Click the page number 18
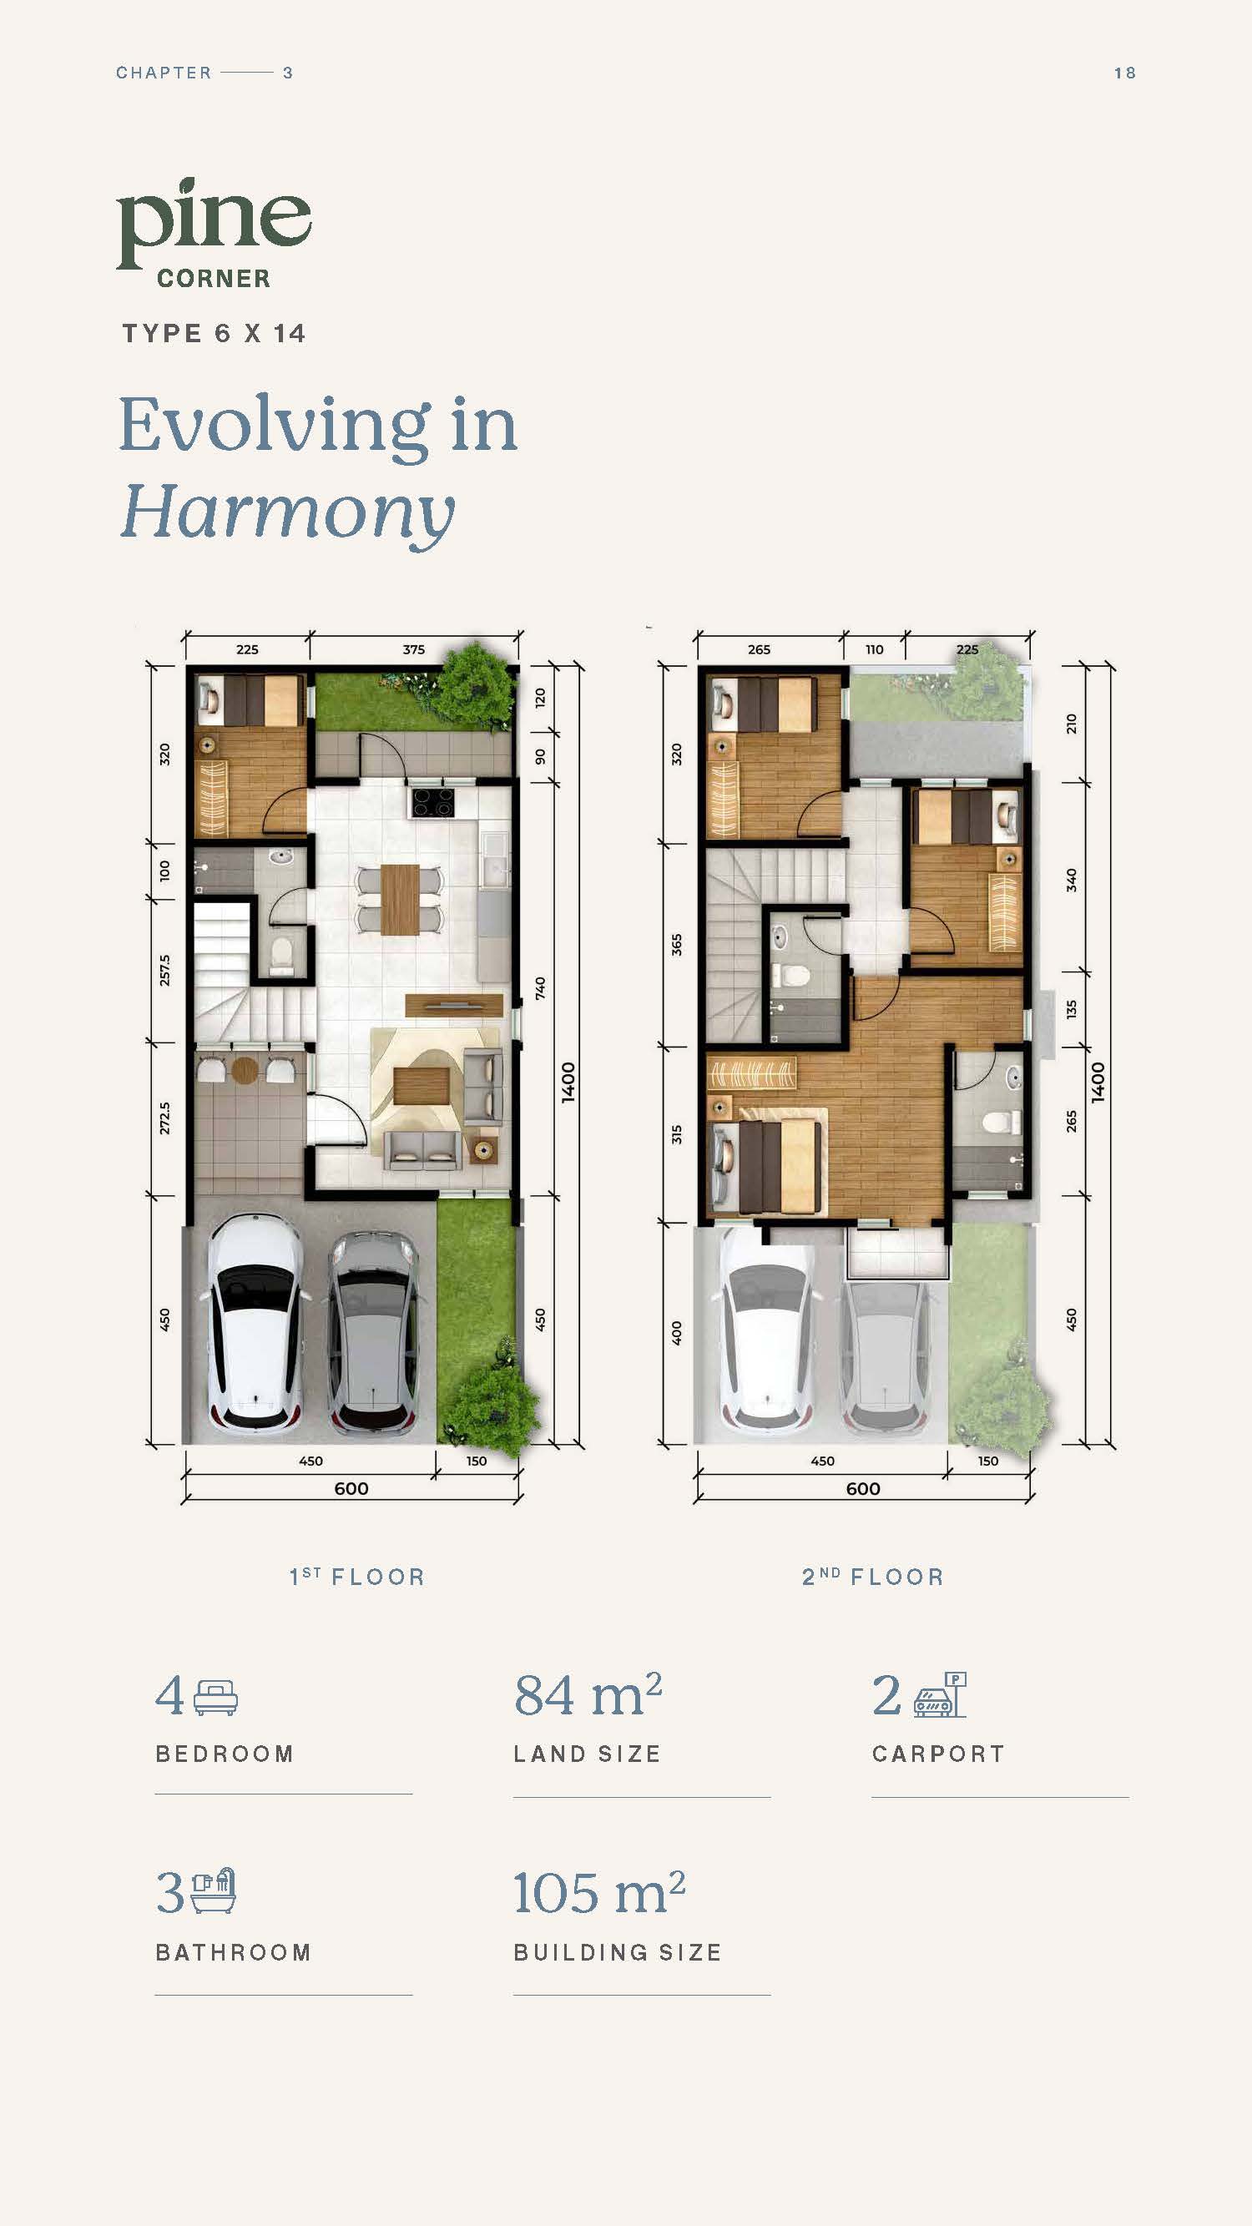point(1124,73)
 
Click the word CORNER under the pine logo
point(214,278)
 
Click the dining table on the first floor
point(400,899)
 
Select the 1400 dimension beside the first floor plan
point(568,1081)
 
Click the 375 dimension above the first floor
point(414,650)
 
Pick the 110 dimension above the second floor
point(875,650)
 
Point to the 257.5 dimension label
point(164,971)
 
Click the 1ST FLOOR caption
point(357,1577)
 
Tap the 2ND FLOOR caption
point(873,1577)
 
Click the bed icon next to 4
point(215,1697)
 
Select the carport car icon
point(940,1693)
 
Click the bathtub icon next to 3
point(214,1891)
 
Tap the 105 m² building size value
point(598,1892)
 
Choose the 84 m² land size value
point(588,1694)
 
